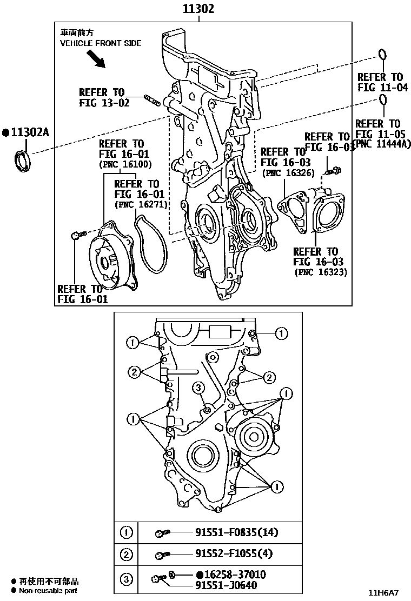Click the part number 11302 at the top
click(x=198, y=9)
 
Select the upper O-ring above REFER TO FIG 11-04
click(x=382, y=55)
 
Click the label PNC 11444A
click(x=381, y=143)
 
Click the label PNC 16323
click(x=321, y=272)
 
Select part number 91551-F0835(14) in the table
click(x=236, y=532)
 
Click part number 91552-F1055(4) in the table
click(x=234, y=553)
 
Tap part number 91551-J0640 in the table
click(x=226, y=585)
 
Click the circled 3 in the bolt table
click(x=125, y=580)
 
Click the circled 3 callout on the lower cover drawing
click(x=198, y=388)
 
